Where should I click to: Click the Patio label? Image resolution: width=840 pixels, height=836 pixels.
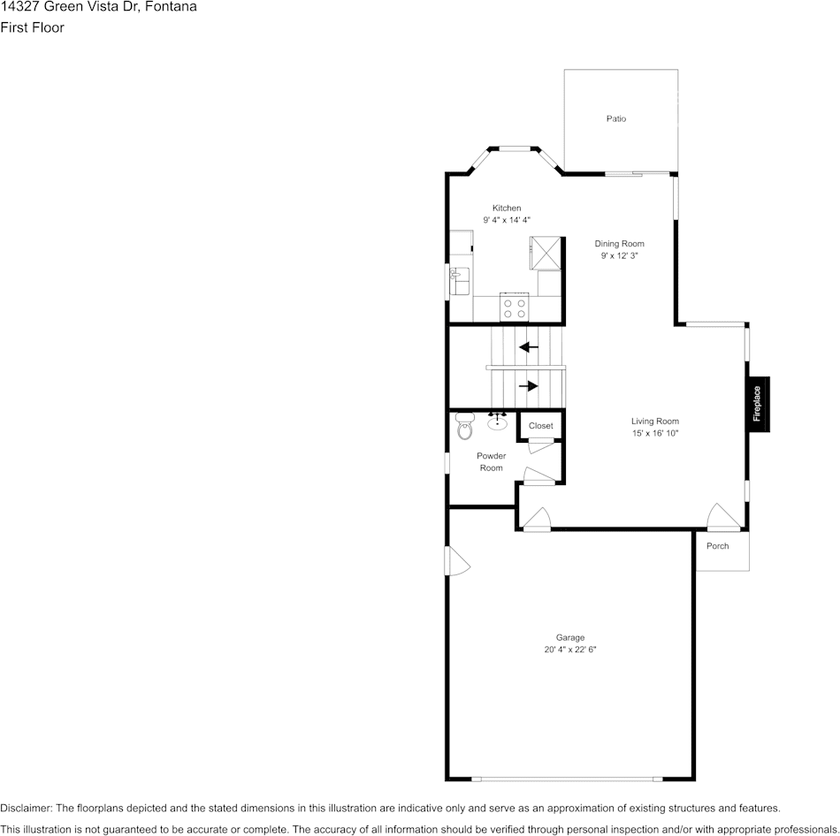coord(616,118)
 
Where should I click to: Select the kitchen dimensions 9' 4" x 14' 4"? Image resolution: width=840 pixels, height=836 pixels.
coord(507,220)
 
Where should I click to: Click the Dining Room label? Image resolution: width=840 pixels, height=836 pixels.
coord(619,244)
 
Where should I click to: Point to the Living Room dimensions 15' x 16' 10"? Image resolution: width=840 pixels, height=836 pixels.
coord(654,433)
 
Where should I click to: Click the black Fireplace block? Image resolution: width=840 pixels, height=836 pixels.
coord(758,404)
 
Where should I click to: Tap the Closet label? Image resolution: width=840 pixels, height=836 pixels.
coord(540,426)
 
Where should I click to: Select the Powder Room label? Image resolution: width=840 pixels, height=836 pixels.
coord(492,462)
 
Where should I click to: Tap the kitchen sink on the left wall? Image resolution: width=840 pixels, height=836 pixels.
coord(458,280)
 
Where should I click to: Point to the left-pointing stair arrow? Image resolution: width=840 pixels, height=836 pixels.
coord(529,347)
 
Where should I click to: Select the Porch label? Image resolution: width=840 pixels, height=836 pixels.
coord(718,546)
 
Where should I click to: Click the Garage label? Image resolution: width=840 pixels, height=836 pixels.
coord(570,637)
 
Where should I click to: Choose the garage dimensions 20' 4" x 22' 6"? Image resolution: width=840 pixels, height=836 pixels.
coord(570,650)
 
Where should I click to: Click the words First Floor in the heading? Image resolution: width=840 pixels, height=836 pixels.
coord(33,27)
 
